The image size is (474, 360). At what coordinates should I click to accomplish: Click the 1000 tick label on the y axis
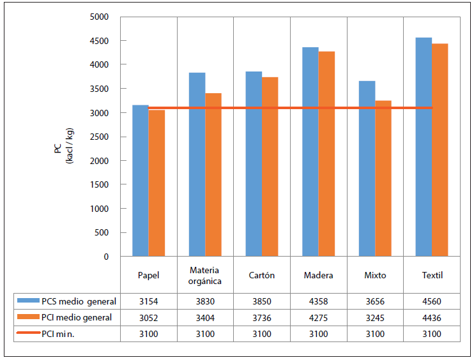pyautogui.click(x=100, y=209)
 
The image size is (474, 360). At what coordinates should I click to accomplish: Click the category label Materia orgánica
pyautogui.click(x=205, y=276)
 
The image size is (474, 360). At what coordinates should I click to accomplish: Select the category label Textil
pyautogui.click(x=432, y=276)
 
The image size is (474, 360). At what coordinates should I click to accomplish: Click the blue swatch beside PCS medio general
pyautogui.click(x=28, y=301)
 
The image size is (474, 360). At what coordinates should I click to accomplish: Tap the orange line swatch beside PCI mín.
pyautogui.click(x=28, y=334)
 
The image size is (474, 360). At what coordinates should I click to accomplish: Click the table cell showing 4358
pyautogui.click(x=318, y=301)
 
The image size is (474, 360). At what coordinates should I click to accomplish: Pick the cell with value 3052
pyautogui.click(x=148, y=317)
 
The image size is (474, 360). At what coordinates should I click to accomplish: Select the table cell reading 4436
pyautogui.click(x=432, y=317)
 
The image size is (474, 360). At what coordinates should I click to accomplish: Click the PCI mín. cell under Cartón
pyautogui.click(x=262, y=334)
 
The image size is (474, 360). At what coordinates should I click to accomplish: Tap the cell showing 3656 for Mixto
pyautogui.click(x=375, y=301)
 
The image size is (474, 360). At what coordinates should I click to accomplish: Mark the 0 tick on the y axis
pyautogui.click(x=106, y=257)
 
